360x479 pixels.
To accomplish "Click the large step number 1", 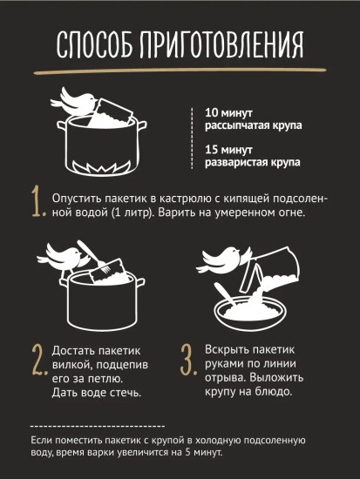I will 37,203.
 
